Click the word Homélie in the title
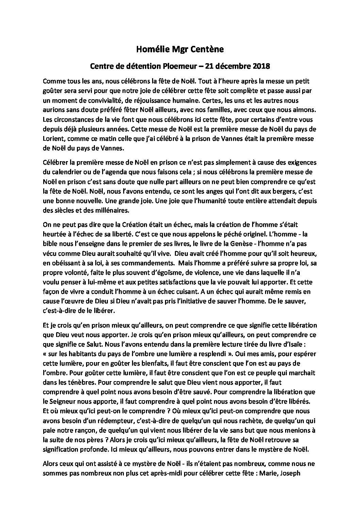(151, 50)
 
